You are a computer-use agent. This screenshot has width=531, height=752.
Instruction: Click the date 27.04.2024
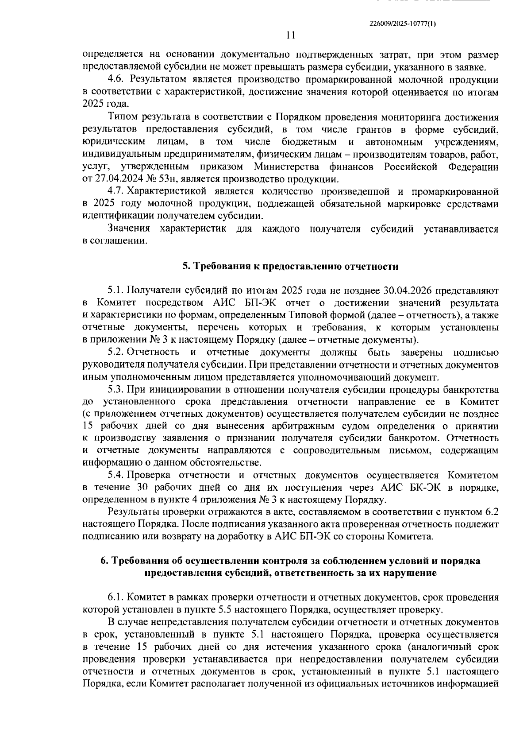point(114,179)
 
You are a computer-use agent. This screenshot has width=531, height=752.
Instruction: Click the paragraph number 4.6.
point(116,80)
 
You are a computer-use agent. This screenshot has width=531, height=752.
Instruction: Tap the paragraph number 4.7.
point(116,192)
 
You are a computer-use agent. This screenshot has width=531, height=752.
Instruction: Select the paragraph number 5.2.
point(116,353)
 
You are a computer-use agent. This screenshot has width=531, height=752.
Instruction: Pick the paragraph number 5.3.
point(116,390)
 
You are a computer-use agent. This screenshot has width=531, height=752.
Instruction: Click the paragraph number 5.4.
point(116,475)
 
